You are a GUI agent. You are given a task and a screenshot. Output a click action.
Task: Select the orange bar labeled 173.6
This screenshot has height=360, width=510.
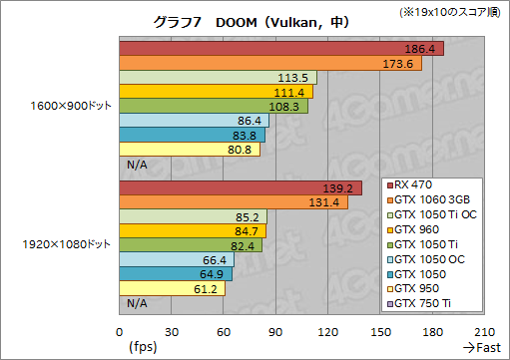(x=269, y=63)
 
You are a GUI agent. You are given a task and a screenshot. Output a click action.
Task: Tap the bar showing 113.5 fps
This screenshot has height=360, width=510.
(x=218, y=78)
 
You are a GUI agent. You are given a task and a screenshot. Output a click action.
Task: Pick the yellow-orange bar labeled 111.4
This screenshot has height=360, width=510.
(x=216, y=92)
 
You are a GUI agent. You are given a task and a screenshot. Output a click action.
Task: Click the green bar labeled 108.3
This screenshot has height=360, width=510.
(x=214, y=106)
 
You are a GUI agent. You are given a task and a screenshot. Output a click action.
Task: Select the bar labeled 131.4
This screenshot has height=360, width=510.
(x=234, y=202)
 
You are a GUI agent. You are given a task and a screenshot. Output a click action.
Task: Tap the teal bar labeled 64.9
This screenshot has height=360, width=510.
(x=176, y=273)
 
